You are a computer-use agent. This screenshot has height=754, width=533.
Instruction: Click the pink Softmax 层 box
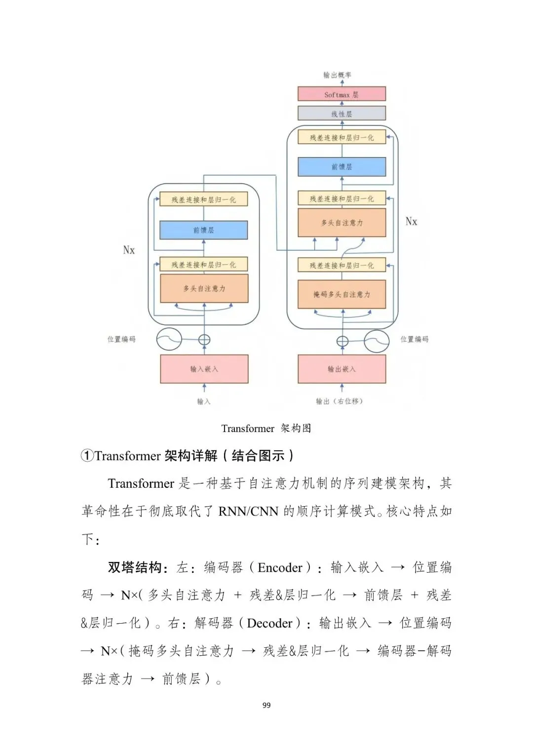(342, 94)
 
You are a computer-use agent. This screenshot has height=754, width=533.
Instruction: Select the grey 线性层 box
(342, 114)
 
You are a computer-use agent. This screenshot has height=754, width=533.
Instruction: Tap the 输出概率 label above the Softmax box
(337, 75)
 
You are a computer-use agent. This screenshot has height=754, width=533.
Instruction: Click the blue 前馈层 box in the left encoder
(203, 230)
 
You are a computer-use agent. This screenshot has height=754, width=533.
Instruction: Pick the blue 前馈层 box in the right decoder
(342, 167)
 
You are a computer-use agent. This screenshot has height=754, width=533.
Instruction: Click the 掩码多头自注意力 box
(342, 294)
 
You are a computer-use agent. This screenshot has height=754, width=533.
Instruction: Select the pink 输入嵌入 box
(204, 369)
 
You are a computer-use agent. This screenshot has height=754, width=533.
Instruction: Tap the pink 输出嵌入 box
(342, 369)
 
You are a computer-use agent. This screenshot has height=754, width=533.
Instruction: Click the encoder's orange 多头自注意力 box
(204, 288)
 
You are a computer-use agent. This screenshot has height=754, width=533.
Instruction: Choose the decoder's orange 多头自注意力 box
(342, 223)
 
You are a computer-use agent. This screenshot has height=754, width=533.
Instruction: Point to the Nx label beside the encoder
(129, 250)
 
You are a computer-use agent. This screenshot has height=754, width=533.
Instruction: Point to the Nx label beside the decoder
(411, 222)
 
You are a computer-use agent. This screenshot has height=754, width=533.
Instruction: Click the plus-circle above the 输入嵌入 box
(204, 340)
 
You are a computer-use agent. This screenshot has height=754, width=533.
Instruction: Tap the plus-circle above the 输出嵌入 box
(342, 341)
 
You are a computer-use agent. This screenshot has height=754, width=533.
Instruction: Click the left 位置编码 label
(121, 339)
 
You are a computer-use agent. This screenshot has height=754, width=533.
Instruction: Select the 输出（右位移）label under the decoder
(340, 401)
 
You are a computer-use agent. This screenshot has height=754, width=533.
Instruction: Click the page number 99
(266, 705)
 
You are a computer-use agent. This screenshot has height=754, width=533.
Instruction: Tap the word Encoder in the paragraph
(280, 568)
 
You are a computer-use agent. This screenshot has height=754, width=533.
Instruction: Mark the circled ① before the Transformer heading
(87, 456)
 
